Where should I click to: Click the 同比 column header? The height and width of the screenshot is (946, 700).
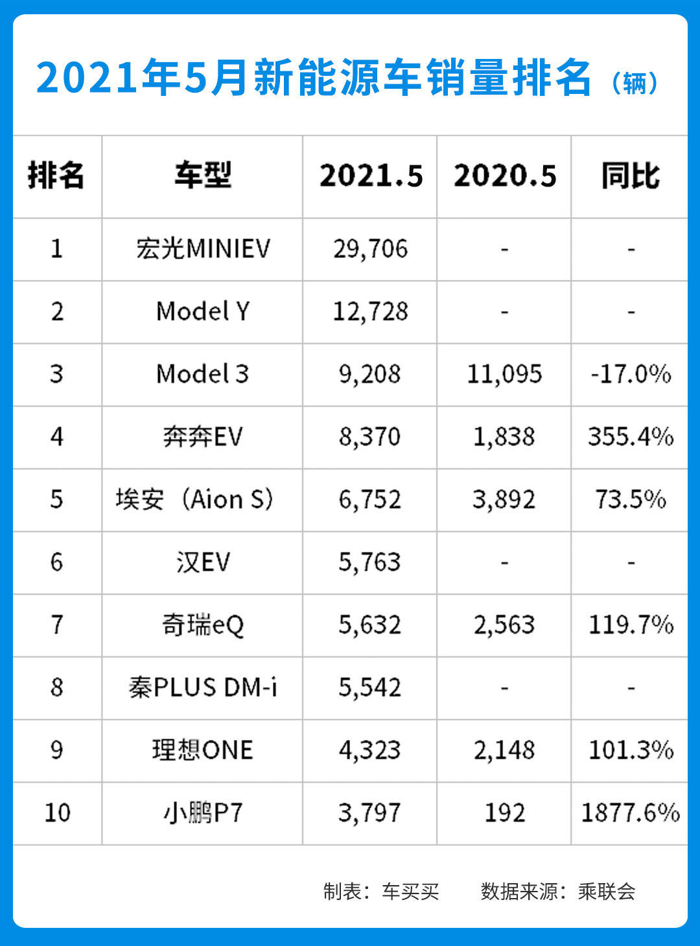[x=630, y=176]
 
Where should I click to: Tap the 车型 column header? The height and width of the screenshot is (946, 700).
[x=202, y=176]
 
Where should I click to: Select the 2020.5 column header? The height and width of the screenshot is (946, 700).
[x=504, y=176]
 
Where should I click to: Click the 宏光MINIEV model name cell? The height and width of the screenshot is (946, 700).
[x=202, y=249]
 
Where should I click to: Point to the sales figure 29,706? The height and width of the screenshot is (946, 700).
[x=370, y=249]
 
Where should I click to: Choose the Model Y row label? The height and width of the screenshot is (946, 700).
[x=202, y=312]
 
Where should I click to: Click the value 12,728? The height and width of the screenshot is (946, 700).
[x=370, y=312]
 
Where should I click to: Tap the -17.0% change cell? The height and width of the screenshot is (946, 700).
[x=630, y=375]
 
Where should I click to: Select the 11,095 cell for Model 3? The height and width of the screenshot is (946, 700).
[x=504, y=375]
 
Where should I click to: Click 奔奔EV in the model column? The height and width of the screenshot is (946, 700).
[x=202, y=437]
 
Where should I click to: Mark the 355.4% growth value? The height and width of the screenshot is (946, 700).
[x=630, y=437]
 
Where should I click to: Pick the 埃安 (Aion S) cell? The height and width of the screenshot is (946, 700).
[x=194, y=500]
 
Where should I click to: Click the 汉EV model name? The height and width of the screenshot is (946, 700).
[x=202, y=562]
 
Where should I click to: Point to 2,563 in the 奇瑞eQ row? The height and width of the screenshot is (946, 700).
[x=504, y=625]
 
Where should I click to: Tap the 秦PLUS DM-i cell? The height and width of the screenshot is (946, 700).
[x=202, y=687]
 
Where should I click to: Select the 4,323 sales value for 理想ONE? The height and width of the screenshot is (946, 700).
[x=370, y=750]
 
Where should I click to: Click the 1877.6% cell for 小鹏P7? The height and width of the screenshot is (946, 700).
[x=630, y=813]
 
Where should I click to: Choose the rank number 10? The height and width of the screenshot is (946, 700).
[x=57, y=813]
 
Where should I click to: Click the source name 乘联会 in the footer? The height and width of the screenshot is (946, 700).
[x=607, y=892]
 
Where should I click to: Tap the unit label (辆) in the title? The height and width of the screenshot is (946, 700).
[x=635, y=83]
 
